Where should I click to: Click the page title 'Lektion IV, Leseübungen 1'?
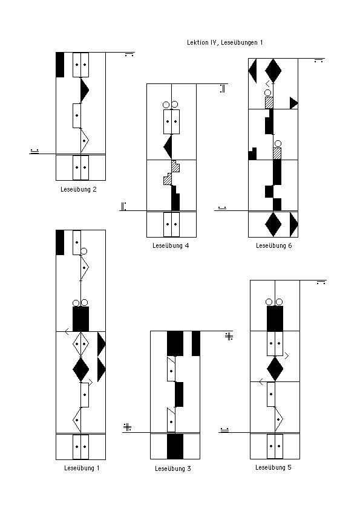click(225, 42)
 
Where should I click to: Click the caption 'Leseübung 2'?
click(79, 189)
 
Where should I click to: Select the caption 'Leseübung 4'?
click(171, 246)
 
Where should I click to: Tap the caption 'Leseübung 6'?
click(274, 246)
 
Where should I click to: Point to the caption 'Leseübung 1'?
click(82, 468)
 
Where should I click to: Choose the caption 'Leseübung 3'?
click(173, 468)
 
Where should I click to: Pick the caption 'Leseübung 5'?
click(273, 467)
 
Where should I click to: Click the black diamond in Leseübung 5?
click(275, 369)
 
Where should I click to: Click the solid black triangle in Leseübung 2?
click(84, 90)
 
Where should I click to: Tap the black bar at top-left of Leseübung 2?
click(60, 65)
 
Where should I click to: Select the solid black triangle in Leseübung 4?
click(168, 147)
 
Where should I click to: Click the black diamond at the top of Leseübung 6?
click(273, 71)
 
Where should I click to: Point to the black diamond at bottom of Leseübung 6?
click(273, 224)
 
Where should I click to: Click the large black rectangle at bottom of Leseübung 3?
click(175, 446)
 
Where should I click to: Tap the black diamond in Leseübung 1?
click(80, 369)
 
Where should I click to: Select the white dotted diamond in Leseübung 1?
click(80, 344)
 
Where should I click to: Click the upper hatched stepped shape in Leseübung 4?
click(175, 166)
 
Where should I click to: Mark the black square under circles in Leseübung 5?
click(275, 319)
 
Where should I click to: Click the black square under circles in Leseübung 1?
click(80, 319)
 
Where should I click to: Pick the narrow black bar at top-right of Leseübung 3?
click(196, 343)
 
